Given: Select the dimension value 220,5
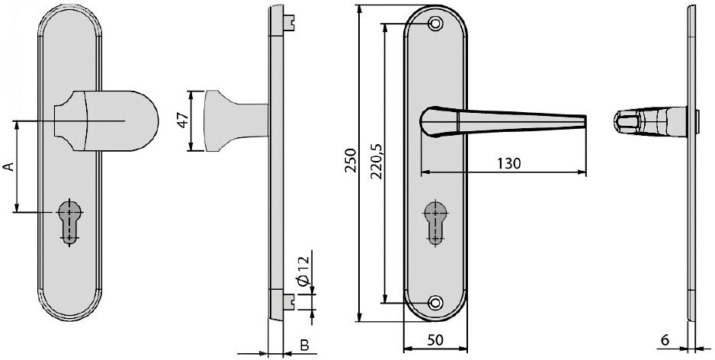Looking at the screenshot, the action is [377, 161].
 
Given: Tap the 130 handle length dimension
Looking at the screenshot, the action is [508, 163].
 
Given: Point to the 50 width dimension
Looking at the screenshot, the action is [435, 340].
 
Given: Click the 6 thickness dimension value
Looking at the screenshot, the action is [665, 340].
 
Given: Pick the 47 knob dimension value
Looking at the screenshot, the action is [183, 121].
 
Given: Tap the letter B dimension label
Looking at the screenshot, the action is [305, 346].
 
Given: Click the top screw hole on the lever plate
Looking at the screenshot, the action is [435, 24].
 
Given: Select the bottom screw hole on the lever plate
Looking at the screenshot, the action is [435, 302].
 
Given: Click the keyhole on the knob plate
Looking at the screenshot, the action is [70, 222].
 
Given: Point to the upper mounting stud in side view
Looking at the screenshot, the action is [289, 21].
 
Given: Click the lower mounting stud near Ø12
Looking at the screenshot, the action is [289, 301].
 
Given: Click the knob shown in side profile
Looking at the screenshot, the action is [236, 121].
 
